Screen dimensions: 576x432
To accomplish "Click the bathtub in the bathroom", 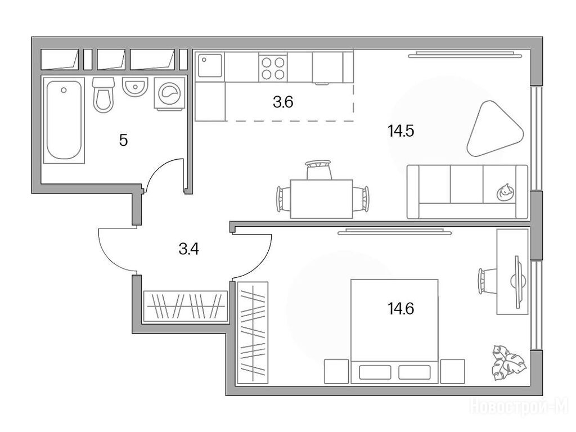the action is (64, 120).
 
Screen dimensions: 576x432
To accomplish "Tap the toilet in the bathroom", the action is (102, 95).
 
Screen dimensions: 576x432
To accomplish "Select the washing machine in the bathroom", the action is (169, 94).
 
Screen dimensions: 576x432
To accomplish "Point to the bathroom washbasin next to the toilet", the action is (135, 87).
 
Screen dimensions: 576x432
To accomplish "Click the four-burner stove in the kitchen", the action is (273, 67).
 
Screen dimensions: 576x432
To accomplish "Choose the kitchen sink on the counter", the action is (210, 65).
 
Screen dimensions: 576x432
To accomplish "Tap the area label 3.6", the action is (283, 102).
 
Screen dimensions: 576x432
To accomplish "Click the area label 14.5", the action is (400, 130).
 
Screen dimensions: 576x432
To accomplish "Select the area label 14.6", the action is (400, 309).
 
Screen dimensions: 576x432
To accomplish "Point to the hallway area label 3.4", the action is (188, 249).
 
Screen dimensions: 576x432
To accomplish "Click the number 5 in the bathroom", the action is (123, 140).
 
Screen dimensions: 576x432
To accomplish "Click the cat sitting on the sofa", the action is (505, 192).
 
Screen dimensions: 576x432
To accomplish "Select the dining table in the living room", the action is (321, 199).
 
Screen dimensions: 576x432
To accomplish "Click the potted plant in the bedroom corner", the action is (508, 362).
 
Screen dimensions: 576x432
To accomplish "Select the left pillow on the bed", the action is (375, 372).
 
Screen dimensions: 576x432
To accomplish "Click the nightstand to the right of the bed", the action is (453, 371).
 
